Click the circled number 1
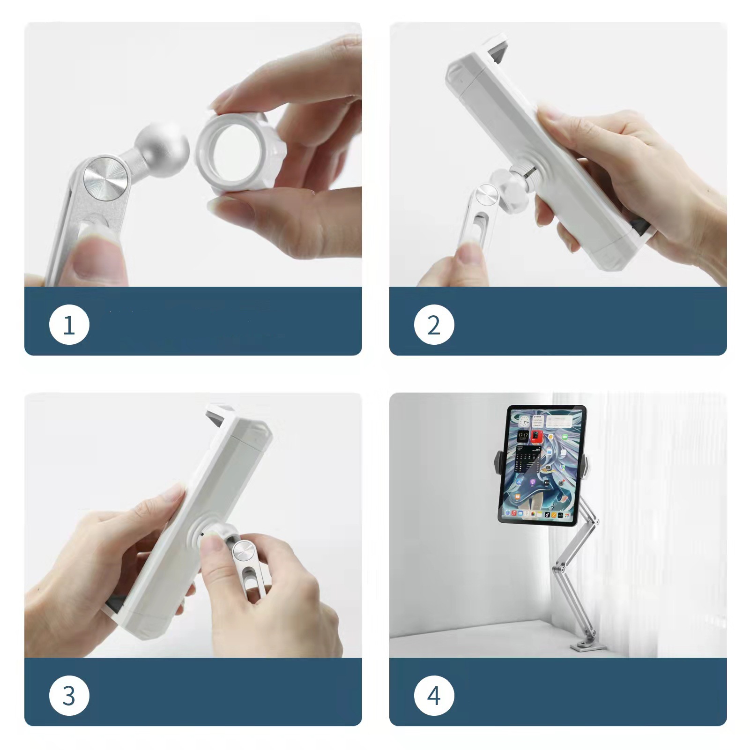(x=69, y=325)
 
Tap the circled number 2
(x=434, y=325)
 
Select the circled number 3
(x=69, y=696)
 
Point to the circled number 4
(x=434, y=696)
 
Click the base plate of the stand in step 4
(x=588, y=647)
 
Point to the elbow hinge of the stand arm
(x=557, y=570)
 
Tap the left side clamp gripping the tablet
(x=498, y=463)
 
